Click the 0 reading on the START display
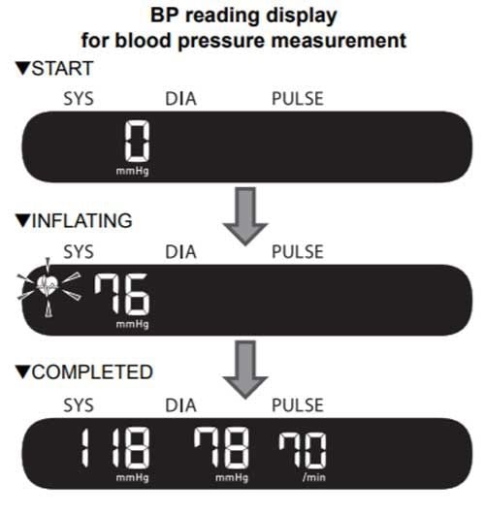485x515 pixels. pyautogui.click(x=138, y=141)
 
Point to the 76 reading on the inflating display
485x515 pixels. pyautogui.click(x=122, y=294)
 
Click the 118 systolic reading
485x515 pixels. pyautogui.click(x=115, y=447)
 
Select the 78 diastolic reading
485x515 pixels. pyautogui.click(x=221, y=447)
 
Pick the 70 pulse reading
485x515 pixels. pyautogui.click(x=303, y=450)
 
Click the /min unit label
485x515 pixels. pyautogui.click(x=314, y=477)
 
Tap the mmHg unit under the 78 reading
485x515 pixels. pyautogui.click(x=232, y=477)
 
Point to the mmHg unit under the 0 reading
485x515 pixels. pyautogui.click(x=133, y=171)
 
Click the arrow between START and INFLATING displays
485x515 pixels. pyautogui.click(x=245, y=215)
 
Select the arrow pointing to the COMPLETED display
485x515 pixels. pyautogui.click(x=245, y=369)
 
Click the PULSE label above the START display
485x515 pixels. pyautogui.click(x=298, y=99)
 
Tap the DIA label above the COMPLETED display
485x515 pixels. pyautogui.click(x=180, y=405)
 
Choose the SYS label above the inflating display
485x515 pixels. pyautogui.click(x=79, y=252)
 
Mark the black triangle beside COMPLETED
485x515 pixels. pyautogui.click(x=22, y=372)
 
